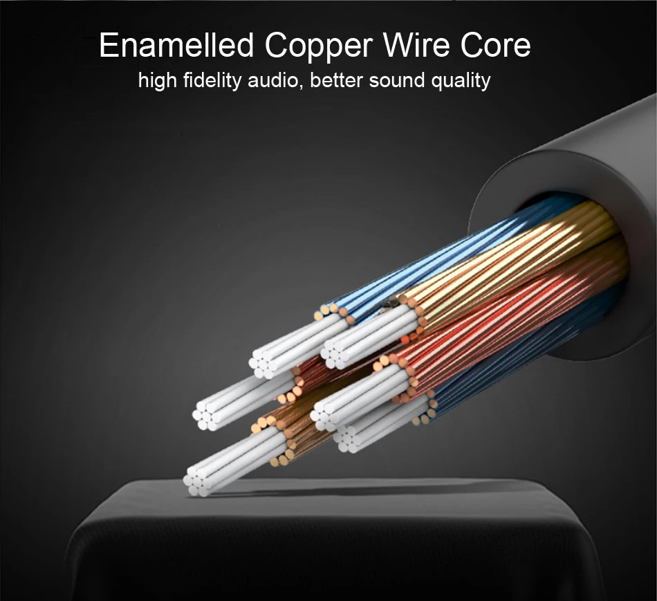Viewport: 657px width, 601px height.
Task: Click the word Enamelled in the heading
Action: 176,46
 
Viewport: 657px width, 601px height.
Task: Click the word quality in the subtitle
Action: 461,82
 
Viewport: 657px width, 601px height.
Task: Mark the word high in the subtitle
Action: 158,82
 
